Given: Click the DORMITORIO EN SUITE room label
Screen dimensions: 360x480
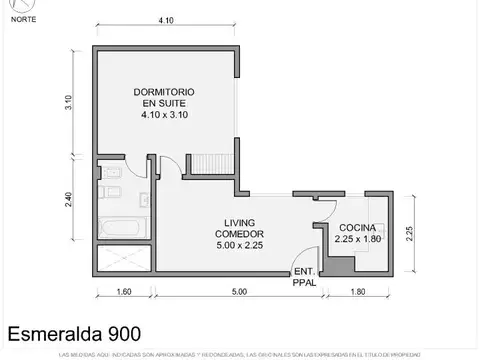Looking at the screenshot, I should pos(165,104).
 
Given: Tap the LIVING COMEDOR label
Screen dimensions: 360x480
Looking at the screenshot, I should pos(240,227).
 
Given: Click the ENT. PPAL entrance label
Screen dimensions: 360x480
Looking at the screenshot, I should pos(303,276).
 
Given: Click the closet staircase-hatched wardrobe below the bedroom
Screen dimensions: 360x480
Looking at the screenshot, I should pos(211,161).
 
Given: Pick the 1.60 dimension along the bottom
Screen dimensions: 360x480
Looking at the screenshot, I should pos(125,292).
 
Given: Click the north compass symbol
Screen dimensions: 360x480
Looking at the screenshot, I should pos(19,9).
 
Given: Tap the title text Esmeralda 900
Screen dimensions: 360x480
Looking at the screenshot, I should pos(74,333).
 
